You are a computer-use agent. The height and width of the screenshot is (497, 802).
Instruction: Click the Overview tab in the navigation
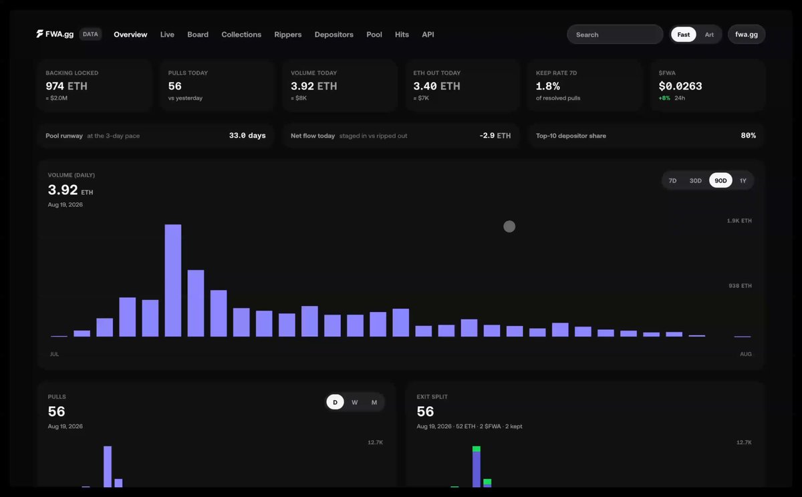click(x=130, y=34)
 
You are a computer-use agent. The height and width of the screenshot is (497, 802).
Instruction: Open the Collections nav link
click(x=241, y=34)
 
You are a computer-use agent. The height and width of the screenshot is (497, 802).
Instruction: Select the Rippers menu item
click(x=288, y=34)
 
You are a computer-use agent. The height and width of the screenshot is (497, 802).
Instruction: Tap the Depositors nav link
click(x=334, y=34)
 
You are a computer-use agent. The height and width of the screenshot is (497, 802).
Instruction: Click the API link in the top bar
click(x=428, y=34)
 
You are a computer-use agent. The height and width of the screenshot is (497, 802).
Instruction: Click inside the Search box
click(x=615, y=34)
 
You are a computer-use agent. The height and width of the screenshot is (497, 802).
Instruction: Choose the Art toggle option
click(x=709, y=34)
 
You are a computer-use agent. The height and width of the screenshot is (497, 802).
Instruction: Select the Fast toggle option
click(x=683, y=34)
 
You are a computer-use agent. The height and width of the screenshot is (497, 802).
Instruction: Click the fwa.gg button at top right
click(x=746, y=34)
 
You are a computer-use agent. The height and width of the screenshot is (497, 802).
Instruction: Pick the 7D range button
click(x=672, y=180)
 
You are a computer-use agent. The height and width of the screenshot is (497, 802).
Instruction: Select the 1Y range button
click(x=743, y=180)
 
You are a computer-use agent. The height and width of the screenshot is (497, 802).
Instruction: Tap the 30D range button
click(x=695, y=180)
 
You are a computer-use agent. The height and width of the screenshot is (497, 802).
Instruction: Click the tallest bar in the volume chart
click(x=173, y=281)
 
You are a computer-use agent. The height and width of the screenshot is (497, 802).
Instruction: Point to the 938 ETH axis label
click(x=740, y=285)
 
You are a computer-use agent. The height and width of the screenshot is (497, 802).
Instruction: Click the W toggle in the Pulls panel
click(x=354, y=402)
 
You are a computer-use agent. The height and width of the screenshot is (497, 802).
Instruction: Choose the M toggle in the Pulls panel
click(x=374, y=402)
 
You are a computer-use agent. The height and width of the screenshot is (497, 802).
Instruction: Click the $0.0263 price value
click(x=680, y=86)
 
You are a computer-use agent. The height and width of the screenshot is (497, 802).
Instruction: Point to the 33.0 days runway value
click(x=247, y=135)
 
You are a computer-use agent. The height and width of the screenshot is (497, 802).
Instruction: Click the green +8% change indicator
click(x=664, y=98)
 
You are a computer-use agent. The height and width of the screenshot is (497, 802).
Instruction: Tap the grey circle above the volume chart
click(x=509, y=226)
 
